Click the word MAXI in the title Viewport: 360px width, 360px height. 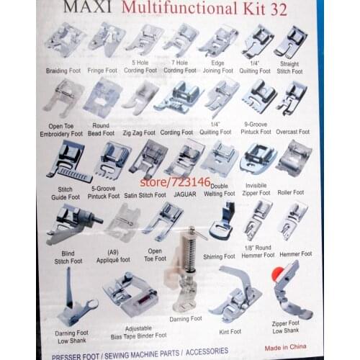[x=88, y=8]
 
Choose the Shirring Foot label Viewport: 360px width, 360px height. [x=220, y=256]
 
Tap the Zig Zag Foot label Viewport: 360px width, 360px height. [x=139, y=132]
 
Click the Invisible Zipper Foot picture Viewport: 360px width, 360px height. [x=257, y=156]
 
